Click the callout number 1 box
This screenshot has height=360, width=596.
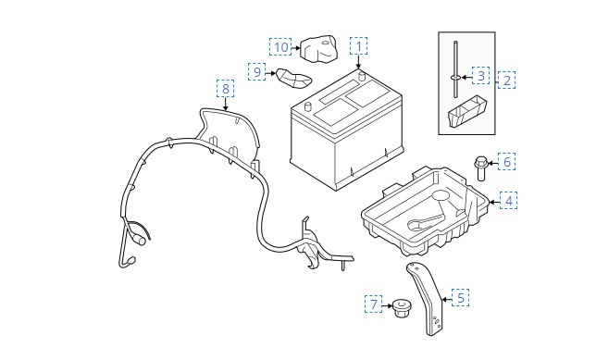tap(358, 46)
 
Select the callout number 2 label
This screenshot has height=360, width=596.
tap(506, 80)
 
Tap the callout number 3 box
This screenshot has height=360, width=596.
tap(481, 75)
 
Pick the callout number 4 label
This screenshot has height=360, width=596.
tap(509, 200)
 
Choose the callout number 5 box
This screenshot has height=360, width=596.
tap(460, 297)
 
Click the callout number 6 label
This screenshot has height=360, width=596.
tap(506, 162)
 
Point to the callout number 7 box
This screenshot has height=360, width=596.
tap(374, 304)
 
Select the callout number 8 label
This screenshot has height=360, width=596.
tap(226, 89)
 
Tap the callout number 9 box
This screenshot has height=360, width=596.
tap(257, 71)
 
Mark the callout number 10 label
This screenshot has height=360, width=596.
tap(281, 47)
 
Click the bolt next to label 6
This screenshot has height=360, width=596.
tap(480, 168)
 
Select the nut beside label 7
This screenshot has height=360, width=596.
tap(400, 308)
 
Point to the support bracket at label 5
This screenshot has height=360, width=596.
tap(428, 296)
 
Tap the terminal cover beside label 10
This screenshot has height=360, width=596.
tap(318, 48)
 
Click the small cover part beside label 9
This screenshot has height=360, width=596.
tap(293, 78)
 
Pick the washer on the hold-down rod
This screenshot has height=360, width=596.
tap(455, 78)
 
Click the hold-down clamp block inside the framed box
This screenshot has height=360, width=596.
tap(467, 111)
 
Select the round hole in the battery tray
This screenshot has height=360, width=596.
tap(441, 196)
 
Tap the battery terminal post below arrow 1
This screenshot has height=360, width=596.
tap(362, 76)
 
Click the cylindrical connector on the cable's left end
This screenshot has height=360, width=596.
tap(140, 241)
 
